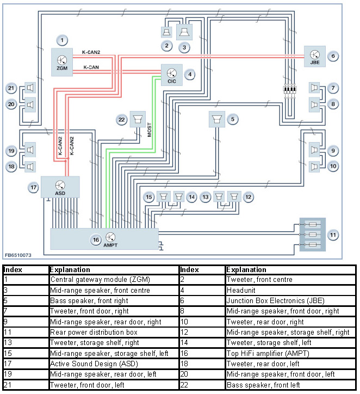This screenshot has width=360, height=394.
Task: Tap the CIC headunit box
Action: coord(172,75)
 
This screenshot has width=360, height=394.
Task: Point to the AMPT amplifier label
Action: coord(110,245)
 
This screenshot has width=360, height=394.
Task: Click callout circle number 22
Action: coord(122,119)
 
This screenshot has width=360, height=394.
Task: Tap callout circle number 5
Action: coord(233,119)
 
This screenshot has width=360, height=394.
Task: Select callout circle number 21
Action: coord(11,88)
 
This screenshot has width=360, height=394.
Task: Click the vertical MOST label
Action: coord(150,133)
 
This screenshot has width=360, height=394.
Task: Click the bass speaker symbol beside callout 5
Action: coord(216,119)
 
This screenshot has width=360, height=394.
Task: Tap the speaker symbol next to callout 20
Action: coord(30,103)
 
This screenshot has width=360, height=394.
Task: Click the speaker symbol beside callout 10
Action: coord(314,166)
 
